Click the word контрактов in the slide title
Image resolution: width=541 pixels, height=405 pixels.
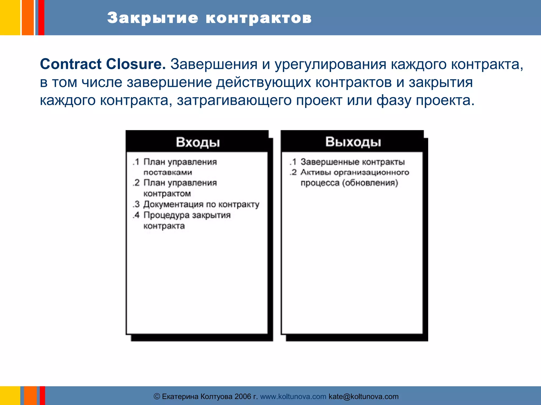(x=259, y=18)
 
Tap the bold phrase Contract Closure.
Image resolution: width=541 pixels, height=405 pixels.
(x=103, y=64)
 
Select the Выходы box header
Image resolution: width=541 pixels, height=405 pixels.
(x=353, y=142)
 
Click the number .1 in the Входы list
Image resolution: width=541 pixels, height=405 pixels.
(x=136, y=162)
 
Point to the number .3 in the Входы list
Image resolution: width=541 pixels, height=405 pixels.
(x=136, y=204)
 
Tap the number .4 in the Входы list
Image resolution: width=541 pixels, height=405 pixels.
(x=136, y=215)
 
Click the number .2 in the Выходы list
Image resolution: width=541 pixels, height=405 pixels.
(x=293, y=172)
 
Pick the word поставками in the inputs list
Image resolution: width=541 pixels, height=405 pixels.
(x=168, y=172)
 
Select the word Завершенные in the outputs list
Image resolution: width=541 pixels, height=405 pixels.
(x=330, y=162)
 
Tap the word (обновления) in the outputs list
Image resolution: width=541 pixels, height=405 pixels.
(x=370, y=183)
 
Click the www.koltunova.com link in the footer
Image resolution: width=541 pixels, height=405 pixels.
(x=293, y=396)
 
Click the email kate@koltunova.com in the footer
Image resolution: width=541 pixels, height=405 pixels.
(x=363, y=396)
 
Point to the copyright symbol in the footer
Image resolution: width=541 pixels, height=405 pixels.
(x=157, y=396)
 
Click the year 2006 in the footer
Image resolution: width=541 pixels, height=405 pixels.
(x=243, y=396)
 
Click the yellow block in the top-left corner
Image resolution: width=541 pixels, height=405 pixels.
(x=10, y=17)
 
